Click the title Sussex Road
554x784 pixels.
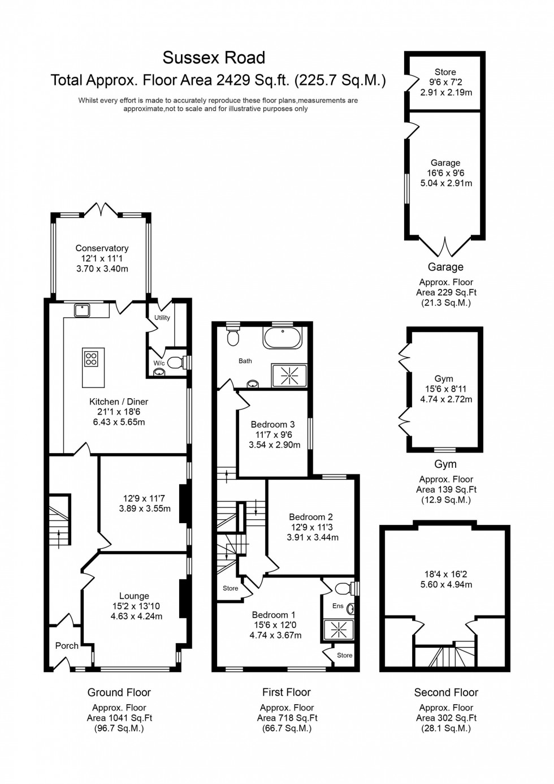[x=214, y=58]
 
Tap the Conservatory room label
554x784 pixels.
[x=102, y=248]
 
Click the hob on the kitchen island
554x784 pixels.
[x=90, y=357]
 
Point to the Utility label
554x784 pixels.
[x=162, y=318]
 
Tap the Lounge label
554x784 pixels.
[x=134, y=596]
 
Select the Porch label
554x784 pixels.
[x=67, y=645]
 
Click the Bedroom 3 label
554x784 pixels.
[x=272, y=424]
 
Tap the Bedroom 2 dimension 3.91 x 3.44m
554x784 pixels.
[x=312, y=537]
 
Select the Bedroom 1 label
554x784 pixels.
[x=274, y=615]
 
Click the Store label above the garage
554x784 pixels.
[x=445, y=72]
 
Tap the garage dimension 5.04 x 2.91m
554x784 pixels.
[x=446, y=183]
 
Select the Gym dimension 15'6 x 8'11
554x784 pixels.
[x=446, y=389]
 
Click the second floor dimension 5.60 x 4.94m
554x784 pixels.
[x=446, y=584]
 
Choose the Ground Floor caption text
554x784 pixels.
[x=119, y=692]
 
